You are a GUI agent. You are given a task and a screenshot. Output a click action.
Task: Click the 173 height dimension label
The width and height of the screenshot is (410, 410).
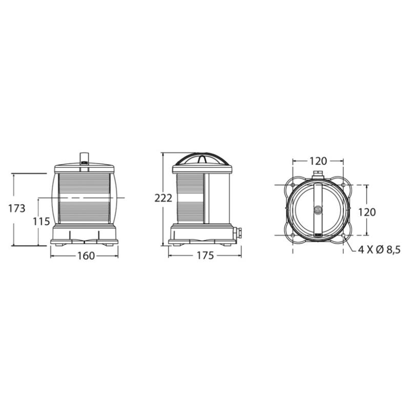[17, 209]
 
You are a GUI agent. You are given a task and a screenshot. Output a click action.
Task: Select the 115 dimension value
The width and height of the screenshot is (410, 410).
[42, 221]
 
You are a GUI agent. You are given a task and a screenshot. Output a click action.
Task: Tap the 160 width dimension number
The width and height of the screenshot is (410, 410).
[86, 256]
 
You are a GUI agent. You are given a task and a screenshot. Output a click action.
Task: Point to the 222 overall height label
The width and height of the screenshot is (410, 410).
[163, 198]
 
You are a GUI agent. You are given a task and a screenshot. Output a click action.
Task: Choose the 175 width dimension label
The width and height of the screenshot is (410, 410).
[206, 255]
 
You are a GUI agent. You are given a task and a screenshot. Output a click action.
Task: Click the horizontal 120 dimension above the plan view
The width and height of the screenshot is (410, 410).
[318, 161]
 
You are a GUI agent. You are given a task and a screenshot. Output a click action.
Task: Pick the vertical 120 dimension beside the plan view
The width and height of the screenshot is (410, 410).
[367, 212]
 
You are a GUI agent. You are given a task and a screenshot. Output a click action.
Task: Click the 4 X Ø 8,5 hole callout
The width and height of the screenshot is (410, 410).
[379, 250]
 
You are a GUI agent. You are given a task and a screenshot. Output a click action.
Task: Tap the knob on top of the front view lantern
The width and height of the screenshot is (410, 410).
[84, 159]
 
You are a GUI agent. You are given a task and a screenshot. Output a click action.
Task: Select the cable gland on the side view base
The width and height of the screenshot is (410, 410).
[238, 233]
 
